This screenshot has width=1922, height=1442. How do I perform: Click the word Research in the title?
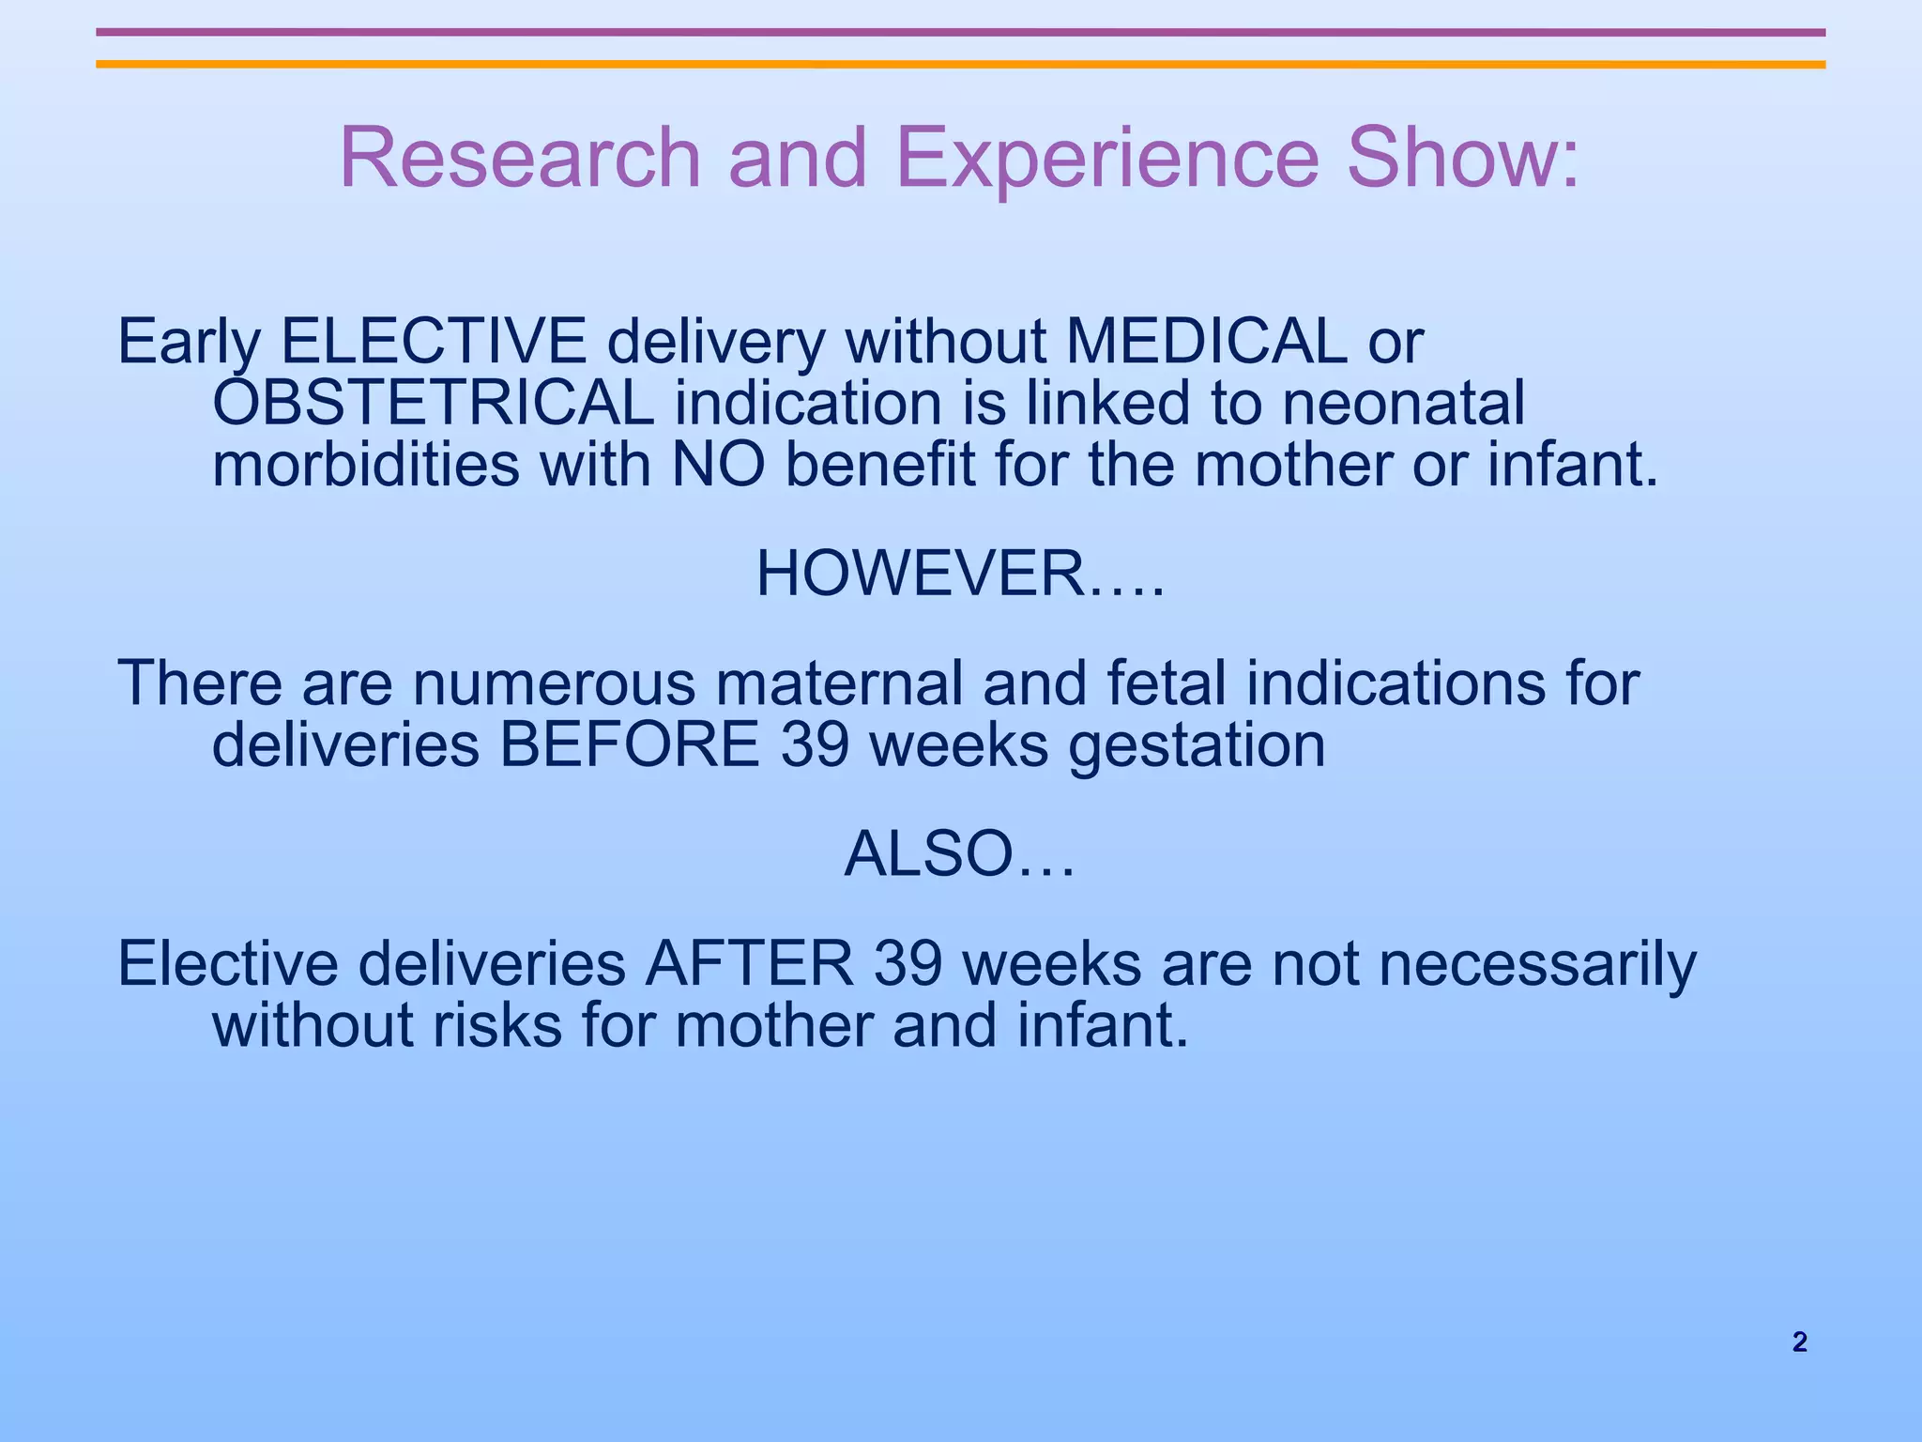click(x=519, y=157)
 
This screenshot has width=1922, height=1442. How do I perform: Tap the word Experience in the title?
click(x=1107, y=157)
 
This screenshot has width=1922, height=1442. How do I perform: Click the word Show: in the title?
click(x=1464, y=157)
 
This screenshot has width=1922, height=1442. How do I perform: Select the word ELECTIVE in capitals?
click(x=434, y=342)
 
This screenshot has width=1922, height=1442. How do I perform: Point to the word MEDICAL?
click(x=1206, y=342)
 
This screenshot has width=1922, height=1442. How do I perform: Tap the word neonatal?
click(x=1403, y=404)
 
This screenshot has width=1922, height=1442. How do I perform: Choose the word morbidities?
click(x=366, y=466)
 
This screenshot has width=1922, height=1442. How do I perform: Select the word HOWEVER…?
click(x=960, y=575)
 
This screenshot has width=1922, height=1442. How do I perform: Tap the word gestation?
click(x=1197, y=745)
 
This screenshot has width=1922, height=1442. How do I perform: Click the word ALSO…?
click(x=959, y=855)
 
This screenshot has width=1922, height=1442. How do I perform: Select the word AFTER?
click(x=749, y=964)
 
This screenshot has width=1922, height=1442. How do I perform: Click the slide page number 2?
click(x=1799, y=1342)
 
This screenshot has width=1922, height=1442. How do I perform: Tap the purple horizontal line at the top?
click(x=960, y=32)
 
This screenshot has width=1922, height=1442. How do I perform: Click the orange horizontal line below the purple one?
click(x=960, y=65)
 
